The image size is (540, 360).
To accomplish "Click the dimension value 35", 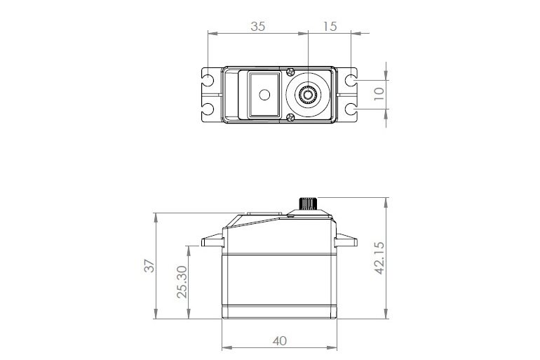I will [257, 27].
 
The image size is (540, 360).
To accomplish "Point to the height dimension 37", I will [149, 266].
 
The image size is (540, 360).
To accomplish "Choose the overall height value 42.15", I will [379, 259].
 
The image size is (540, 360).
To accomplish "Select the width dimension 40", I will [279, 341].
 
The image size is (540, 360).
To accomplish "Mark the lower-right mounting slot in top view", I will [350, 109].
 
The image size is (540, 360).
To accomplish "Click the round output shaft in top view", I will [307, 93].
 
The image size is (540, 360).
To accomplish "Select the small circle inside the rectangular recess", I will [264, 95].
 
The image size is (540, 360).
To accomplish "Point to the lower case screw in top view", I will [289, 117].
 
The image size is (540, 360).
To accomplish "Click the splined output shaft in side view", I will [308, 204].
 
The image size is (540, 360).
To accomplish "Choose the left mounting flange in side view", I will [212, 242].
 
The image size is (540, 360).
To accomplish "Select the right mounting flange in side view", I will [345, 242].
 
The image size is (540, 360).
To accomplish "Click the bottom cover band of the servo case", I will [278, 314].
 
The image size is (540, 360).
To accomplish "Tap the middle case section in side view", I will [278, 281].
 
